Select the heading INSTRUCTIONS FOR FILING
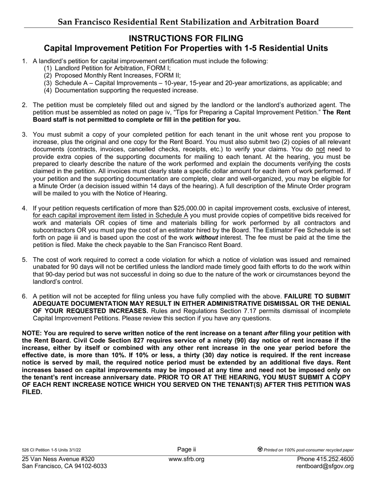click(x=186, y=38)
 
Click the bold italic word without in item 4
click(x=207, y=238)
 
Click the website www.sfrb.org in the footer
click(x=186, y=459)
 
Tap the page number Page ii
click(x=186, y=450)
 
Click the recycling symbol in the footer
click(x=260, y=450)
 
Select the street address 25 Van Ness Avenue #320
click(x=58, y=459)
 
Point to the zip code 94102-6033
click(x=91, y=466)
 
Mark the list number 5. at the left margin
click(x=25, y=260)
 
